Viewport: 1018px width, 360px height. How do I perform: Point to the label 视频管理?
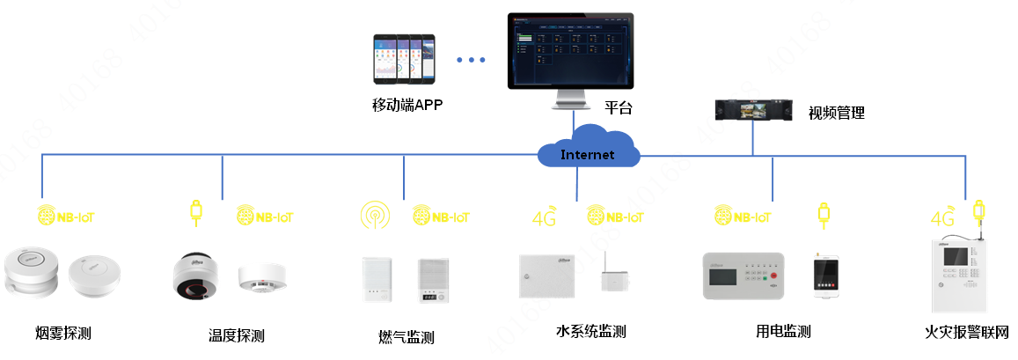(x=837, y=113)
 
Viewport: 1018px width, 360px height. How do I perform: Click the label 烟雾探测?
(x=63, y=333)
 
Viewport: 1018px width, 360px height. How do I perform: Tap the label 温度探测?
(x=237, y=334)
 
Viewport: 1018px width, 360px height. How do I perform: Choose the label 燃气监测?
(x=406, y=337)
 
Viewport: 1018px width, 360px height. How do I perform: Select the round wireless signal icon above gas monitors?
(x=375, y=215)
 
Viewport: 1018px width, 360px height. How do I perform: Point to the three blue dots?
(x=471, y=60)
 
